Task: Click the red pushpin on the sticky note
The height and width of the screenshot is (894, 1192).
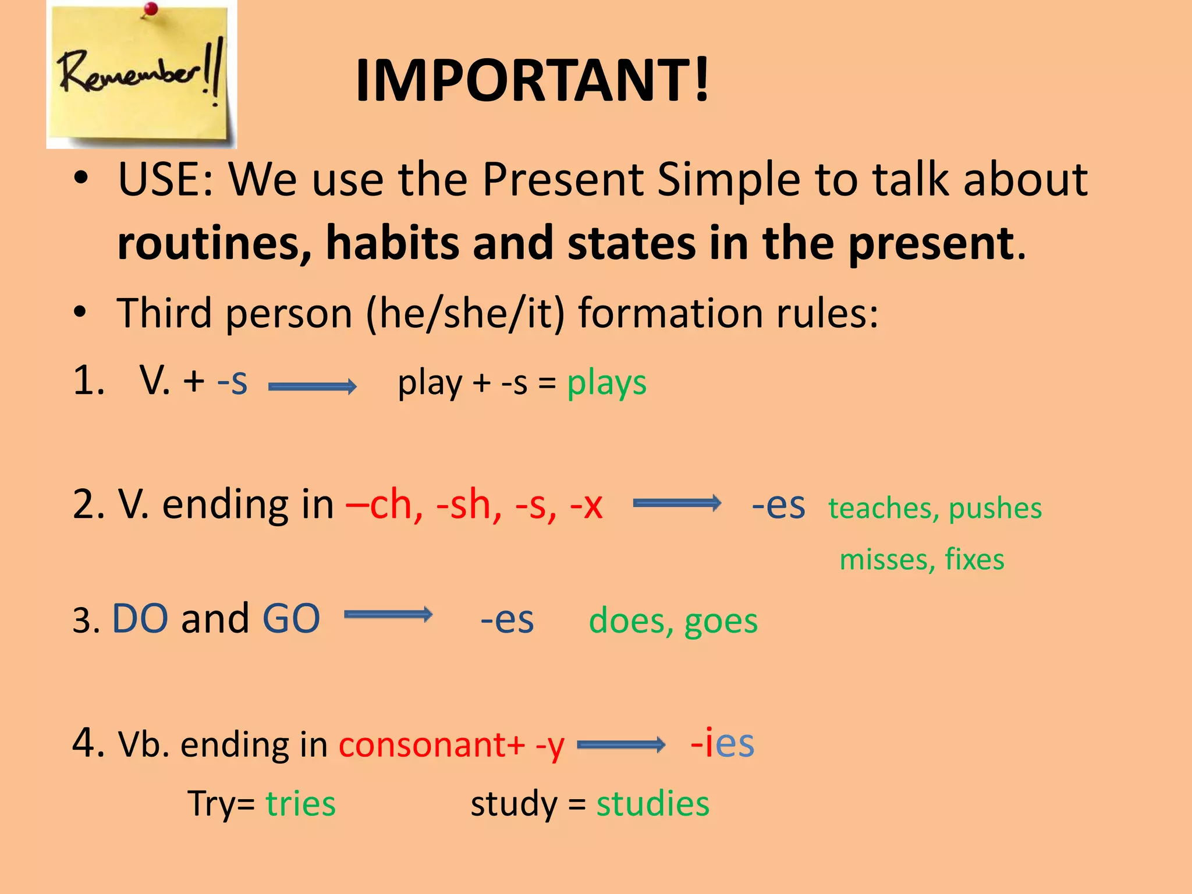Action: tap(151, 9)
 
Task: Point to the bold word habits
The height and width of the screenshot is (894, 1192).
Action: tap(392, 243)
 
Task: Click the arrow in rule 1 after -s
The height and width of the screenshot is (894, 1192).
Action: tap(312, 386)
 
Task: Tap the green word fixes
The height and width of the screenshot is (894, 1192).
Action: tap(974, 559)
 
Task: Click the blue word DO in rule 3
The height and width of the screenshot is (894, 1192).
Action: tap(140, 618)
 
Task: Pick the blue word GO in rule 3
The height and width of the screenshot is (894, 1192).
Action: tap(291, 618)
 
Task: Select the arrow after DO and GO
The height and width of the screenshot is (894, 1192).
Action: tap(388, 615)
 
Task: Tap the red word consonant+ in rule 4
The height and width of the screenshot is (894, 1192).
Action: tap(431, 745)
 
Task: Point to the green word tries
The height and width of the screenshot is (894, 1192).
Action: tap(300, 804)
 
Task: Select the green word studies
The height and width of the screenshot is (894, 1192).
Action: tap(652, 804)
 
